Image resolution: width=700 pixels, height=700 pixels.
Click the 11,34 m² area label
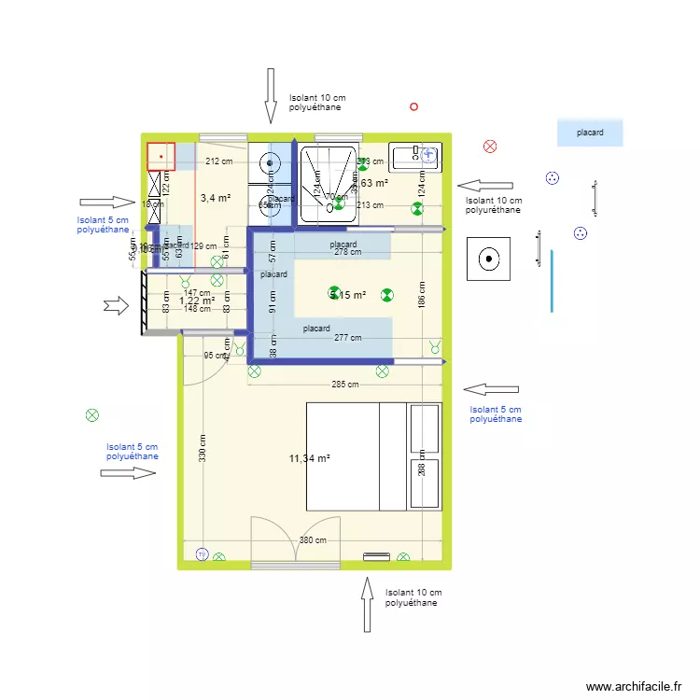pyautogui.click(x=310, y=458)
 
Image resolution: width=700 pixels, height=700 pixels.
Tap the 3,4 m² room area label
pyautogui.click(x=215, y=198)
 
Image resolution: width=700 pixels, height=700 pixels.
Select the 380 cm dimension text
pyautogui.click(x=313, y=540)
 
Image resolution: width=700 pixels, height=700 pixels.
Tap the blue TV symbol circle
pyautogui.click(x=201, y=554)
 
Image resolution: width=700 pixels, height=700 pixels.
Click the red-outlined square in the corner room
pyautogui.click(x=161, y=157)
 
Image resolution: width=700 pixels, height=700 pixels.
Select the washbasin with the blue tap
pyautogui.click(x=414, y=157)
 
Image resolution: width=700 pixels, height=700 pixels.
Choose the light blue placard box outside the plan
pyautogui.click(x=589, y=133)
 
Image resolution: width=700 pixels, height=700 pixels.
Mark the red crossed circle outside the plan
pyautogui.click(x=490, y=146)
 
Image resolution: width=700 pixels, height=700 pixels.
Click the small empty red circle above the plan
pyautogui.click(x=413, y=107)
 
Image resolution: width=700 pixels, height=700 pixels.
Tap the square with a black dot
pyautogui.click(x=489, y=259)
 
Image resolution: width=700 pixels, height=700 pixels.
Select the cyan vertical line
pyautogui.click(x=552, y=281)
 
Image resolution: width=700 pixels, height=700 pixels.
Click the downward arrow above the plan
pyautogui.click(x=271, y=95)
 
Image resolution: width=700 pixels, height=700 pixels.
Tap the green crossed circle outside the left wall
pyautogui.click(x=91, y=415)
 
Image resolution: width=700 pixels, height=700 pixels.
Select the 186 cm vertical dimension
pyautogui.click(x=422, y=296)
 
